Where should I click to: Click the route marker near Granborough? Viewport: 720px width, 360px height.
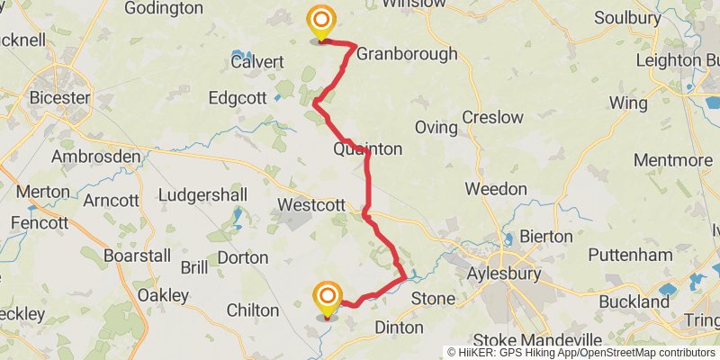click(x=320, y=21)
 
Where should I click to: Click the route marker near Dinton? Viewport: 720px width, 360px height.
click(x=328, y=298)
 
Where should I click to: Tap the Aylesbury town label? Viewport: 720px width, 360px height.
click(x=506, y=273)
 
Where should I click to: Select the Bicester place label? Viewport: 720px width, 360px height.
click(x=59, y=97)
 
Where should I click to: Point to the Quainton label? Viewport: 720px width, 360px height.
click(x=367, y=148)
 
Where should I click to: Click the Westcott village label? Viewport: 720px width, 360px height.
click(x=311, y=205)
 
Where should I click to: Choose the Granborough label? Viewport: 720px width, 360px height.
click(x=407, y=54)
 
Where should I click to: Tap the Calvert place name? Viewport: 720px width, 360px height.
click(x=257, y=62)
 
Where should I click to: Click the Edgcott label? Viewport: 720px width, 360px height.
click(x=238, y=97)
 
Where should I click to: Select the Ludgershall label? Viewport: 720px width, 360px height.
click(x=202, y=195)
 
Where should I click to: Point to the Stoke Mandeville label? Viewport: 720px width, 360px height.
click(x=537, y=340)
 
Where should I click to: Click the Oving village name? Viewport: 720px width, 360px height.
click(x=436, y=127)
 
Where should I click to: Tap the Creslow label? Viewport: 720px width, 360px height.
click(x=492, y=117)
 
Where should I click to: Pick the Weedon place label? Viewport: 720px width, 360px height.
click(x=496, y=189)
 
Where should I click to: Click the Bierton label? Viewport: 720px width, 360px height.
click(x=545, y=236)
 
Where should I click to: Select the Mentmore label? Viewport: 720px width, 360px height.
click(x=673, y=160)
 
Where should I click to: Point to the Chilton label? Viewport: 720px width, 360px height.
click(x=252, y=310)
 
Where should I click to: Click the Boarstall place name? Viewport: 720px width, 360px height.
click(x=137, y=256)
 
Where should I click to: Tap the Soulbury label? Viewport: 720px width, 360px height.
click(x=627, y=17)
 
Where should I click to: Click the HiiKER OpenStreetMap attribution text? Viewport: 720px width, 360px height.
click(x=581, y=353)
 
